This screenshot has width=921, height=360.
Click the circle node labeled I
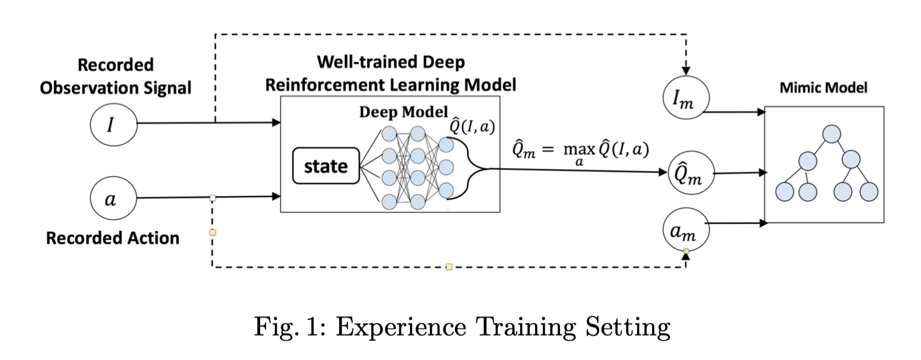114,124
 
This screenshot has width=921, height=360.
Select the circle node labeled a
114,198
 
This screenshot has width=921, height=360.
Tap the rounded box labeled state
326,166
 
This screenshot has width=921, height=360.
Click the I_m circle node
686,99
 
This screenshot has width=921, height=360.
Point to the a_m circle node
686,230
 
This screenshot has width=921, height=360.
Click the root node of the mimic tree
831,135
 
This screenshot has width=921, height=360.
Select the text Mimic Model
823,87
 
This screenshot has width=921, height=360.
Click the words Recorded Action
112,238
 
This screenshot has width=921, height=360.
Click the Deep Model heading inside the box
403,112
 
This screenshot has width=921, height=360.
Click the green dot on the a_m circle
686,251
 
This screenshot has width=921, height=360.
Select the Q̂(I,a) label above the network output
472,126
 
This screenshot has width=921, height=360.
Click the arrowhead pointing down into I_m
686,70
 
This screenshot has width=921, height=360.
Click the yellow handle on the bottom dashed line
449,266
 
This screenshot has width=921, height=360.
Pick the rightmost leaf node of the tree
869,192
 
